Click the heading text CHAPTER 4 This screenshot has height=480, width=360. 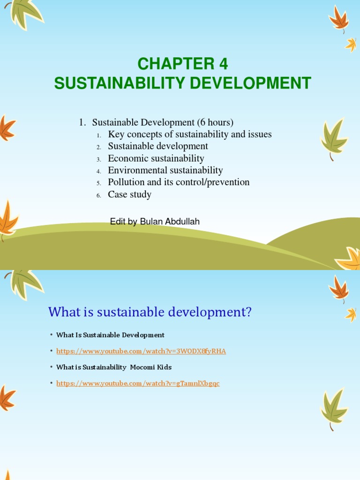coord(182,64)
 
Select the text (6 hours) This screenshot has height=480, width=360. coord(215,122)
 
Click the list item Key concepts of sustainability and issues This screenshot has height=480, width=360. coord(189,135)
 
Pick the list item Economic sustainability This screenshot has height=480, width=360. coord(156,158)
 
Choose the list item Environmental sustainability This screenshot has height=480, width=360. coord(165,171)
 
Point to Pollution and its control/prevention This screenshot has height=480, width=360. coord(179,182)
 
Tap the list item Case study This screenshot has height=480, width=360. coord(129,195)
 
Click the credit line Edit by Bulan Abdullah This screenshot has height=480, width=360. coord(155,222)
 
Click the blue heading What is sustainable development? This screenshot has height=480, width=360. coord(150,312)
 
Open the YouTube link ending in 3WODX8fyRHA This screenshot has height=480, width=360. coord(141,351)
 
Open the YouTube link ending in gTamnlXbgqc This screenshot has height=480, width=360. coord(138,383)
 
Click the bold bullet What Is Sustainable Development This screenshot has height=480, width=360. coord(110,335)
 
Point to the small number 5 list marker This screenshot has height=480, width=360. coord(99,183)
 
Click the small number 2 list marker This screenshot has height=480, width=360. coord(99,147)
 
